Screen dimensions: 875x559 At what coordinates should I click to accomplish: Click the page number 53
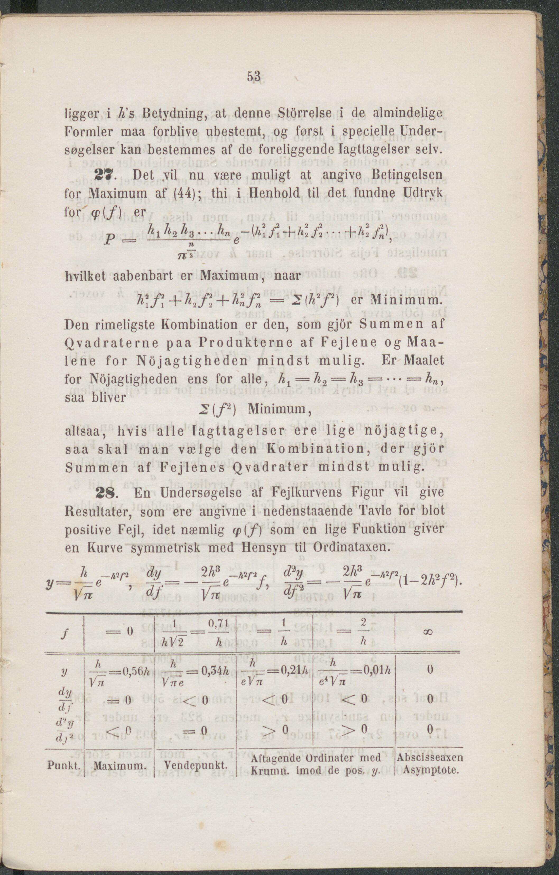254,77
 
